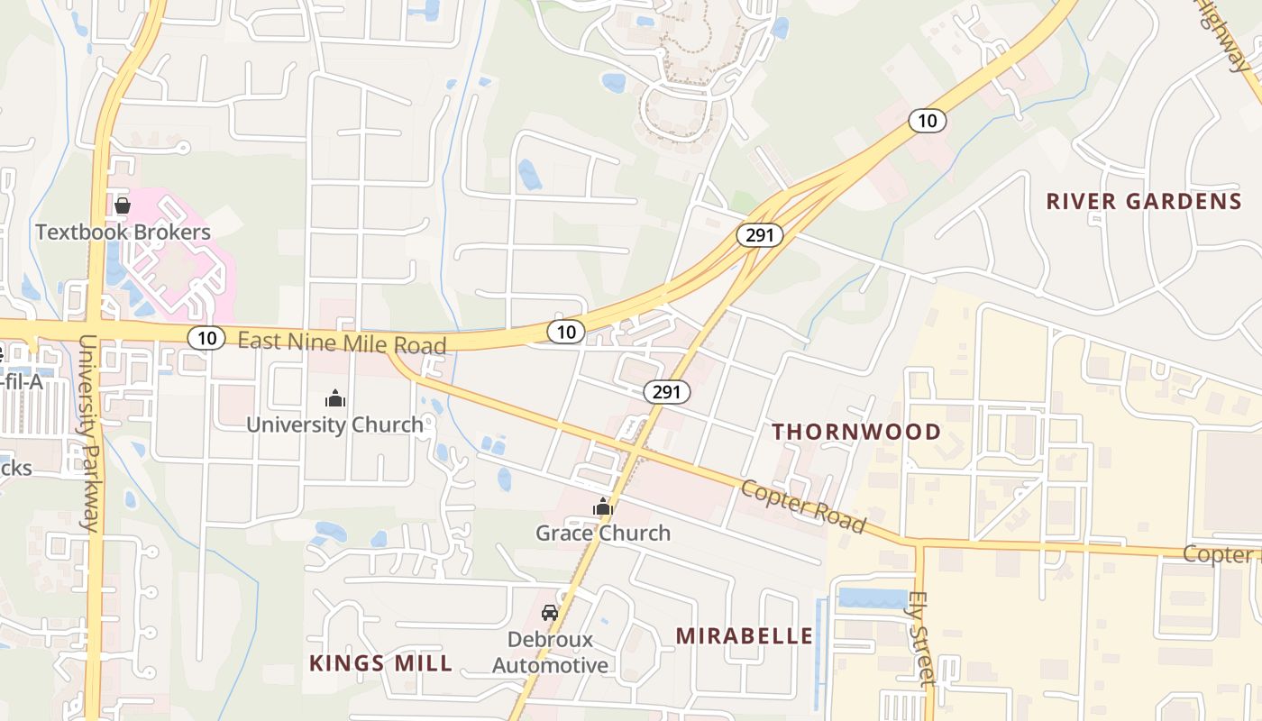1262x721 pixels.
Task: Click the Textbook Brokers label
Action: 123,232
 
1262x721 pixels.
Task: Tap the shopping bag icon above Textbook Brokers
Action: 123,205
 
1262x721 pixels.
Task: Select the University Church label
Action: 334,424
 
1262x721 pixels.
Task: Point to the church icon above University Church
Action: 335,397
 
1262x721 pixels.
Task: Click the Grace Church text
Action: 603,533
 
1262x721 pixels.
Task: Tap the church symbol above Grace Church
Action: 603,507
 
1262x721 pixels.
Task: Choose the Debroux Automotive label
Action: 550,653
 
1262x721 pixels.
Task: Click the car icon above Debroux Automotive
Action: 549,613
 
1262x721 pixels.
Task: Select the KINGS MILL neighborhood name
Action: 380,664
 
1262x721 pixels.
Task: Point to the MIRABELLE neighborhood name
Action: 745,636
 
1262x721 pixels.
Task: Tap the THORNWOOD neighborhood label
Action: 856,432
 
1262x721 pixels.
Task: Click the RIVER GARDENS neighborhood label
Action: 1144,201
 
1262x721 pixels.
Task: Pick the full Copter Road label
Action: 803,507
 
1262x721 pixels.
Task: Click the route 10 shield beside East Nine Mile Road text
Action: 206,338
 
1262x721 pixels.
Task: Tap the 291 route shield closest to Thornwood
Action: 667,392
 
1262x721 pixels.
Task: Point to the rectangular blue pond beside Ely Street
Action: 873,598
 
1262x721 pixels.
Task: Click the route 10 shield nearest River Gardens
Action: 927,120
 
